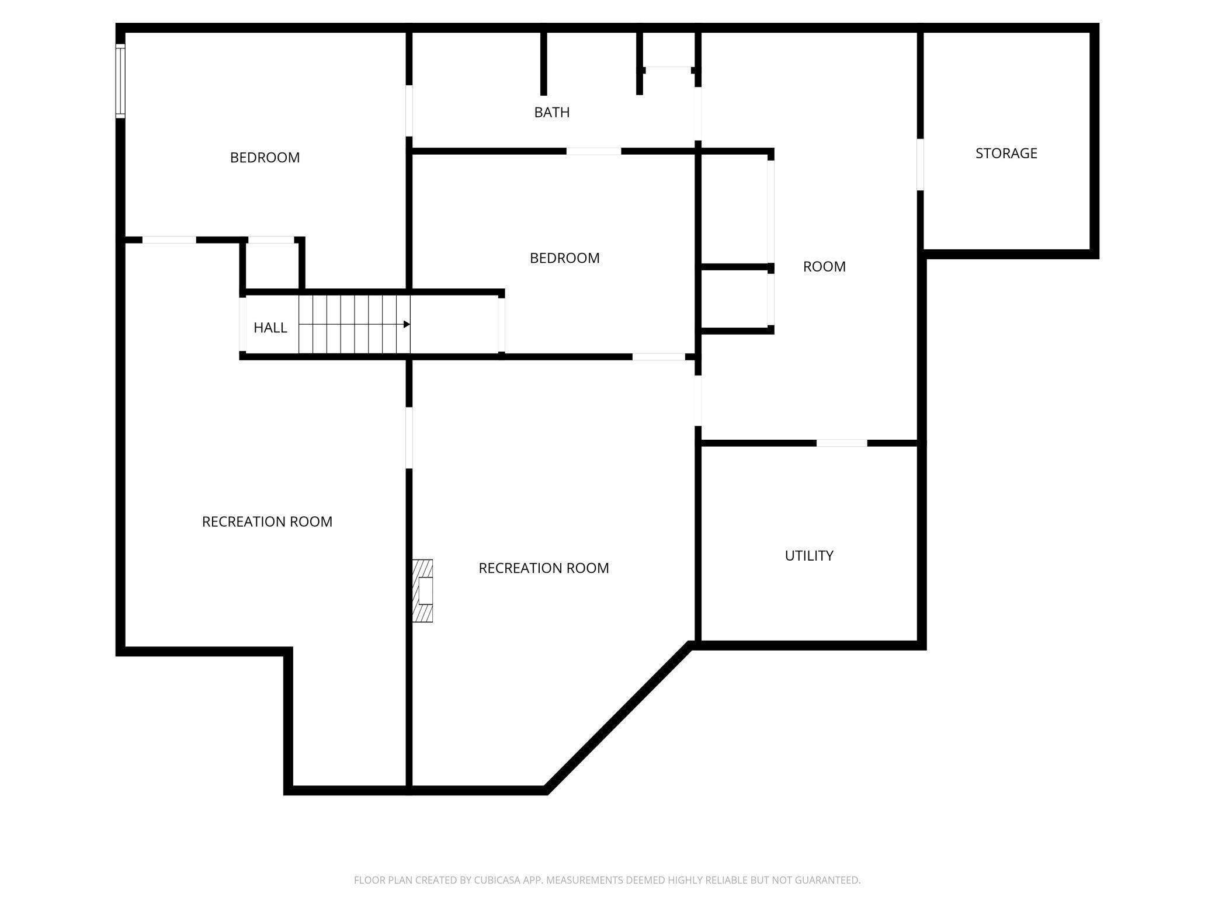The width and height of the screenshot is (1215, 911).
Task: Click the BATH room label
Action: (x=551, y=112)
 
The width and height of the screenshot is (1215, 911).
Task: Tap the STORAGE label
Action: (x=1006, y=153)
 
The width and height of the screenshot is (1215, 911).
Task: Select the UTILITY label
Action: (x=808, y=555)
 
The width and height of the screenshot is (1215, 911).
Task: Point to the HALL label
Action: (x=270, y=328)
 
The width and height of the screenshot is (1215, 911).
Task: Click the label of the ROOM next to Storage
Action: (x=824, y=266)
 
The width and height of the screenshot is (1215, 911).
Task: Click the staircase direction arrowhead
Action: (x=407, y=324)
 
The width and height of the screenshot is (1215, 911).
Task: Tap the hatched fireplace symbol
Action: (x=422, y=590)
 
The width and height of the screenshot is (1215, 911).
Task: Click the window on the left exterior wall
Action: (x=120, y=81)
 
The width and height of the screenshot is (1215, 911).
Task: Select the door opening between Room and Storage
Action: (x=920, y=164)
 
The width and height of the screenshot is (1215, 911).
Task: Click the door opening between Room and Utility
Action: (x=841, y=443)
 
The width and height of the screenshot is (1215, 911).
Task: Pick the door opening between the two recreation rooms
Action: (x=409, y=437)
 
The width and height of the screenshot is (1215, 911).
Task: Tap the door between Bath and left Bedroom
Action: (x=409, y=110)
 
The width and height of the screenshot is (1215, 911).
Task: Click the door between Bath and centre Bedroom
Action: (x=593, y=151)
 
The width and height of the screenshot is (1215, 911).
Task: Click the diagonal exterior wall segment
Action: (x=619, y=718)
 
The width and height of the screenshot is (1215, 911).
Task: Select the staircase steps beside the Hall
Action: (x=355, y=324)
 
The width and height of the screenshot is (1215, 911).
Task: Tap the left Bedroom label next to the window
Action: (x=265, y=157)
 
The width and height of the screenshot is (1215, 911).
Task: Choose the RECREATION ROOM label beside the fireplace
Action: (x=543, y=568)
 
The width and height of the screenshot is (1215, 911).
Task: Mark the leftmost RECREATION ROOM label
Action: (x=267, y=521)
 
